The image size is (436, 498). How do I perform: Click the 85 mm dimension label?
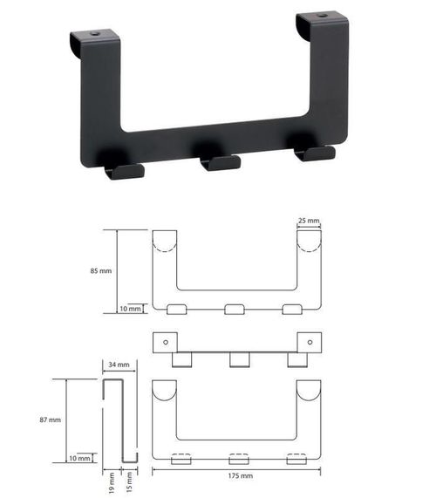pyautogui.click(x=100, y=271)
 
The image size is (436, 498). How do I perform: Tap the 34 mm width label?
pyautogui.click(x=119, y=365)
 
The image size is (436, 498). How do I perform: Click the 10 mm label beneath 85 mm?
pyautogui.click(x=128, y=309)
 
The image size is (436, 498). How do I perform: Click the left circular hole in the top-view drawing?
pyautogui.click(x=166, y=341)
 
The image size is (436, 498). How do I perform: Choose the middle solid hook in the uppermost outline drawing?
pyautogui.click(x=235, y=309)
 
